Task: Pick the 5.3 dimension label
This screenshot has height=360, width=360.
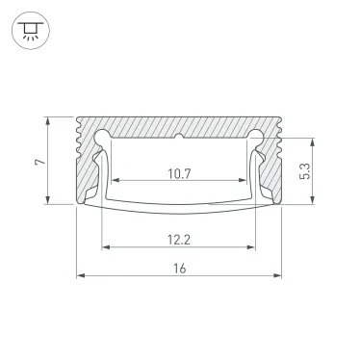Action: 304,169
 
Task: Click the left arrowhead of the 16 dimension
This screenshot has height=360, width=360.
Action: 81,276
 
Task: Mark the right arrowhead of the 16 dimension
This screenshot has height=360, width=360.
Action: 279,276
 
